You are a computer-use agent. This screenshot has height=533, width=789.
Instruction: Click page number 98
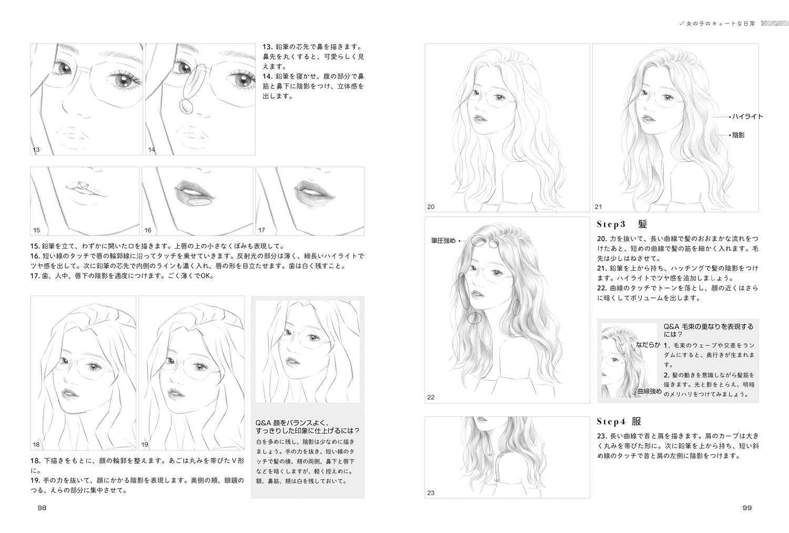point(42,508)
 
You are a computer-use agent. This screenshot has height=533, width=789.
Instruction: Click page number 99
point(747,508)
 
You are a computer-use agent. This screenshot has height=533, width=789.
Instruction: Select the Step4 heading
point(619,421)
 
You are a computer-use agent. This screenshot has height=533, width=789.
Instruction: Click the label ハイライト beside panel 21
point(747,117)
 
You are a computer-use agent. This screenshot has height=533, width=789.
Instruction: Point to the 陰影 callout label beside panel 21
point(739,135)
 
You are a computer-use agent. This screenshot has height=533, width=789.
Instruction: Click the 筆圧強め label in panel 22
point(443,241)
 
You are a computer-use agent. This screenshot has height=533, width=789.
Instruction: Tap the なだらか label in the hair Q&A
point(648,345)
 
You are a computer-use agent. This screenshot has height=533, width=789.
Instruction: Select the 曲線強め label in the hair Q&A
point(650,391)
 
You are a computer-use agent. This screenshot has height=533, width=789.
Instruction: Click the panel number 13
point(36,150)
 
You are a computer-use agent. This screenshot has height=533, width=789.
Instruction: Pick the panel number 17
point(261,230)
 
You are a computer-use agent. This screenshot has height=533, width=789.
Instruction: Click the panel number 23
point(431,493)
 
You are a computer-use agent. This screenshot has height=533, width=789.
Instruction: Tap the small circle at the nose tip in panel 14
point(186,106)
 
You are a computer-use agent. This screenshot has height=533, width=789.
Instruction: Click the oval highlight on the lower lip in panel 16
point(199,202)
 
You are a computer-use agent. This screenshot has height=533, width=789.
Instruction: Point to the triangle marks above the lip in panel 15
point(83,185)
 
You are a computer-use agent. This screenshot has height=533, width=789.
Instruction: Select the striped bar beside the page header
point(774,24)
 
